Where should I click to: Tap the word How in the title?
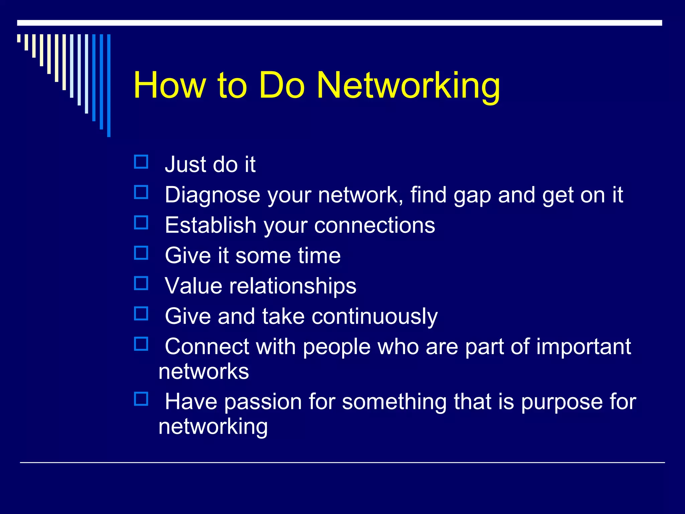169,86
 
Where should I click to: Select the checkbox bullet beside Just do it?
141,162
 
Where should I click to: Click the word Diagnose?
212,195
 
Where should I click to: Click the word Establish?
210,225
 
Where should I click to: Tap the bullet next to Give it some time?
141,253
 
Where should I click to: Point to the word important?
583,347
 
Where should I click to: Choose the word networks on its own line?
204,372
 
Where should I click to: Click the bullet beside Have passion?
141,399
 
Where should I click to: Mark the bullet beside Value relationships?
141,283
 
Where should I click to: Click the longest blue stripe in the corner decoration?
109,85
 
